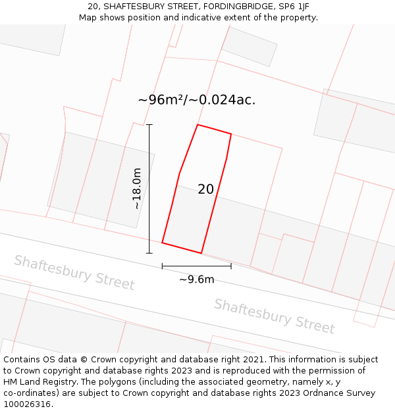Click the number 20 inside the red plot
205,189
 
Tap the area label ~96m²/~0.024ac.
196,100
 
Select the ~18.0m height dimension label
137,189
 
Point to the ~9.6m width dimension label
196,279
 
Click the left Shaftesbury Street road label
74,272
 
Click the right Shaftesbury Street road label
275,316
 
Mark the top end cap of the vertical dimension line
149,124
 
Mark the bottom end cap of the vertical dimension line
149,253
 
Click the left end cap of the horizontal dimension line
162,266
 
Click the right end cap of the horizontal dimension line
231,266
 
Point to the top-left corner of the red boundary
197,125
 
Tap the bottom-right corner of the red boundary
201,253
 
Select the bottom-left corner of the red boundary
163,243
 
